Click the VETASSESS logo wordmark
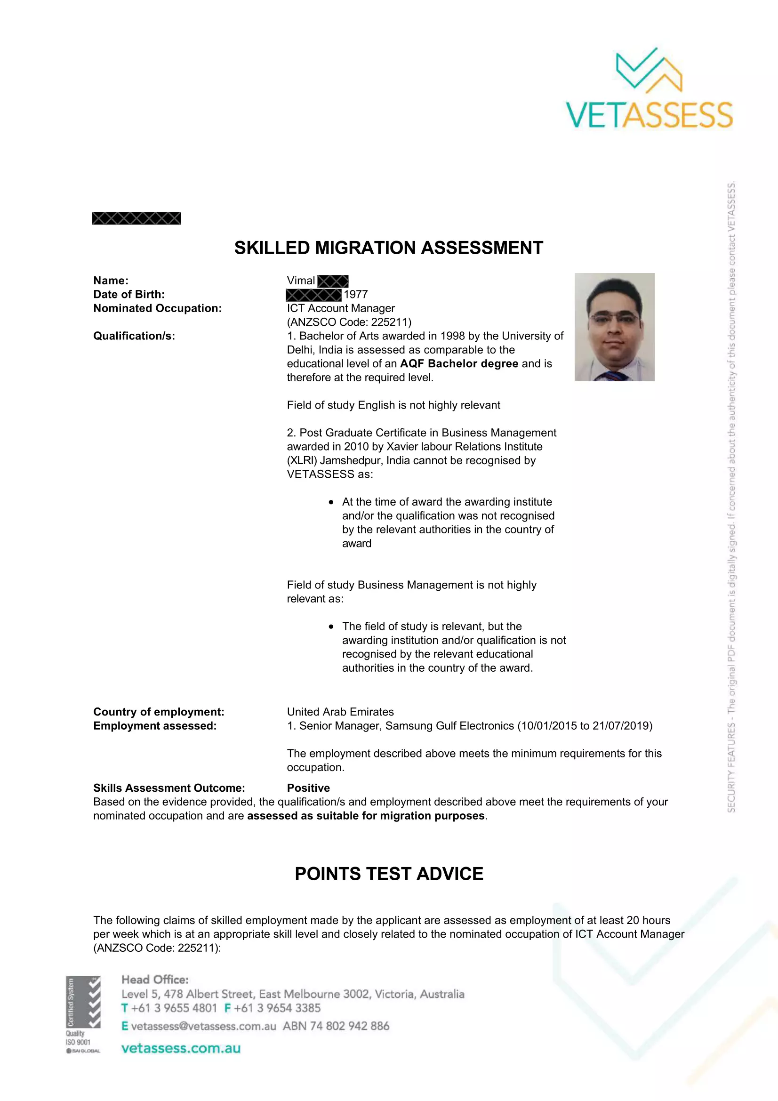(649, 114)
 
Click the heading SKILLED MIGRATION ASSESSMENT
(388, 248)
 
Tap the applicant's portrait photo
(614, 327)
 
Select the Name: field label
(111, 281)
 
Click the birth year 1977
(356, 294)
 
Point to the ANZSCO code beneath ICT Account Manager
(349, 322)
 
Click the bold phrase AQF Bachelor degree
(459, 363)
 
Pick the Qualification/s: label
(134, 336)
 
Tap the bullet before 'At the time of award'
(331, 502)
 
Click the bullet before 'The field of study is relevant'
(331, 627)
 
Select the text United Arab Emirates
(340, 712)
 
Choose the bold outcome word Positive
(308, 788)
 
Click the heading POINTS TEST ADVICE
(389, 874)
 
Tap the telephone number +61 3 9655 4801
(174, 1008)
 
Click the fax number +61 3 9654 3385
(277, 1008)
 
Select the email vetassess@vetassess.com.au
(203, 1026)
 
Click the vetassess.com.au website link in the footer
(181, 1048)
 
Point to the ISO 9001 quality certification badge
(83, 1014)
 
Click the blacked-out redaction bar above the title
(136, 218)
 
